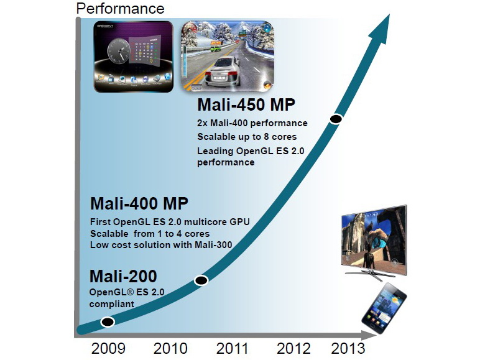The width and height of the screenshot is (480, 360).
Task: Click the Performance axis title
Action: pos(120,9)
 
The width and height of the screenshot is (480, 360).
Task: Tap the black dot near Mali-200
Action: pos(108,321)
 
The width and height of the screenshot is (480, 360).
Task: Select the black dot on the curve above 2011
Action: pos(201,280)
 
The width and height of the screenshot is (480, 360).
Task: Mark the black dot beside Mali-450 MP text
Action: pos(336,119)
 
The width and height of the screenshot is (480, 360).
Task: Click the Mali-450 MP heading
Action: pos(246,105)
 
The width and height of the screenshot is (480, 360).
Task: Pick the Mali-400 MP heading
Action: pos(139,204)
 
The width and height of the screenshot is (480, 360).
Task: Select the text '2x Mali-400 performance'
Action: pos(252,122)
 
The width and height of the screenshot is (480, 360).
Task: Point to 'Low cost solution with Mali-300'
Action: pos(161,244)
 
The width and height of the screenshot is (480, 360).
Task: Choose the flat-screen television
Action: pos(373,239)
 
